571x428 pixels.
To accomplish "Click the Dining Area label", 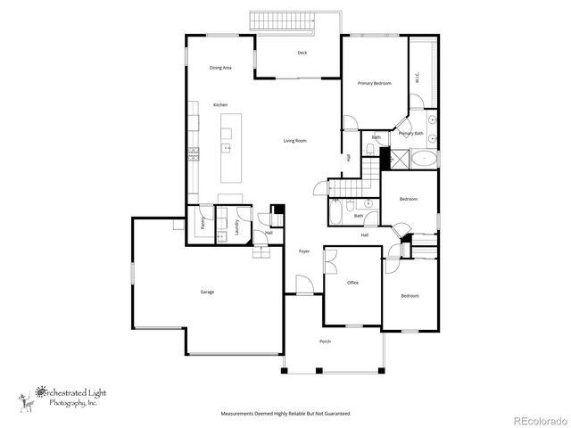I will coord(221,68).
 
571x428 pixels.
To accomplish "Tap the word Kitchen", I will coord(220,105).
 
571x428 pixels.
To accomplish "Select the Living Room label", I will coord(295,141).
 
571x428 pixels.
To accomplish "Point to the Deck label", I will coord(302,53).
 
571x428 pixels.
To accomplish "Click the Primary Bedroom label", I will coord(375,83).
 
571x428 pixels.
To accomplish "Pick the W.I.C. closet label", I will coord(417,79).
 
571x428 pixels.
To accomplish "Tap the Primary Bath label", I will coord(411,134).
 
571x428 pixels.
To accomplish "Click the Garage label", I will coord(207,292).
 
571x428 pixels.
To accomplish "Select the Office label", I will coord(352,283).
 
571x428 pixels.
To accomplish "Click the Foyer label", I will coord(303,252).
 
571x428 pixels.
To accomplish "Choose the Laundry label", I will coord(237,227).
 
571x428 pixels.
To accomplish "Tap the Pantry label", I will coord(203,224).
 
